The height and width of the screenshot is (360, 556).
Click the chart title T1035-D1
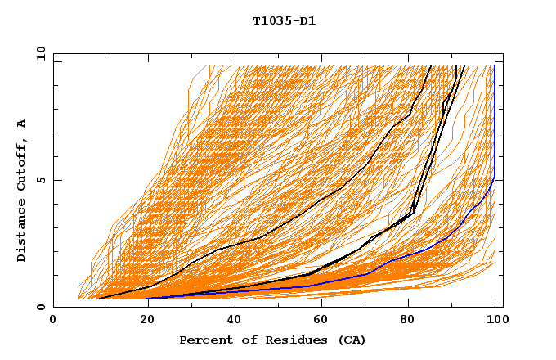pos(284,20)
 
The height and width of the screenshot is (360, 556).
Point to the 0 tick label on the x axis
pos(53,320)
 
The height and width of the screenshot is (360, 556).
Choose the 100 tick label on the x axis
pos(496,320)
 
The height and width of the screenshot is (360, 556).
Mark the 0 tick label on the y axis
pos(40,308)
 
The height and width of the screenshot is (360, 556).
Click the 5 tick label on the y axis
pos(40,180)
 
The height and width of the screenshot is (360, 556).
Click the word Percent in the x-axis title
pos(202,340)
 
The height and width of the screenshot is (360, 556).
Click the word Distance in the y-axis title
pos(22,232)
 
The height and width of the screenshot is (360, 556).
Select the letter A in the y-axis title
pos(22,123)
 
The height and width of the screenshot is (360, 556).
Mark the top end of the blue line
pos(494,66)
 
